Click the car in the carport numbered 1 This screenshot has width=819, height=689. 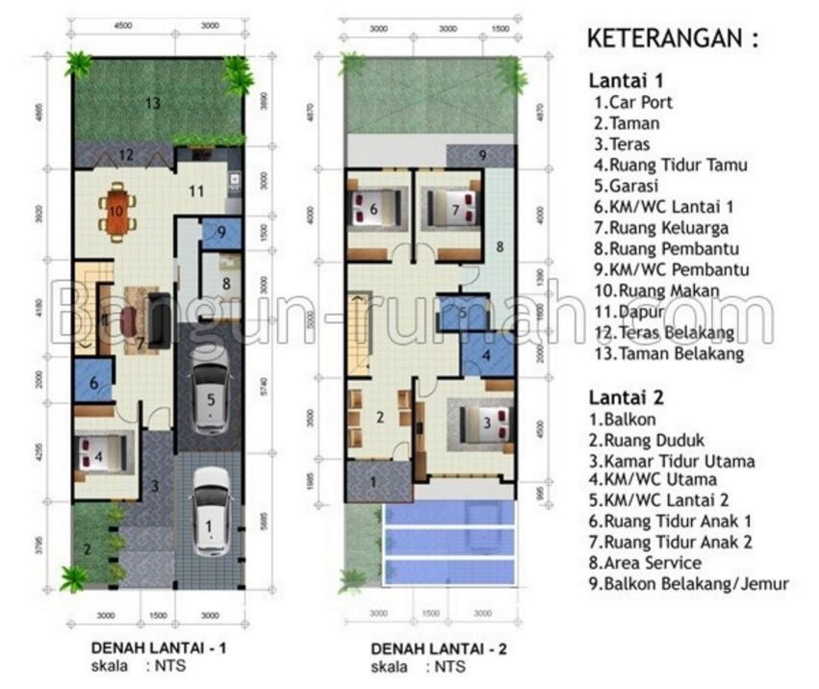click(x=208, y=512)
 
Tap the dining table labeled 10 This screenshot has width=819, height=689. click(x=116, y=212)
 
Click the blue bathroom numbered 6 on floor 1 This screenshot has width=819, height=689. click(x=93, y=382)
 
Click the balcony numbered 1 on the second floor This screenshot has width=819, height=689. click(x=373, y=481)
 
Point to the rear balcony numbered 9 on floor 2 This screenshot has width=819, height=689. click(x=482, y=155)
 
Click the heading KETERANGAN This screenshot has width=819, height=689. click(x=673, y=40)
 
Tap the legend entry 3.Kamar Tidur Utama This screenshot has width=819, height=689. click(x=672, y=460)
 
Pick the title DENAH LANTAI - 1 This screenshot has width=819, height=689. click(x=159, y=647)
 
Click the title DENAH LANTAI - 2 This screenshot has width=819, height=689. click(x=440, y=647)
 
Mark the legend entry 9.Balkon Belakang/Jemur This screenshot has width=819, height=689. click(x=691, y=583)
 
